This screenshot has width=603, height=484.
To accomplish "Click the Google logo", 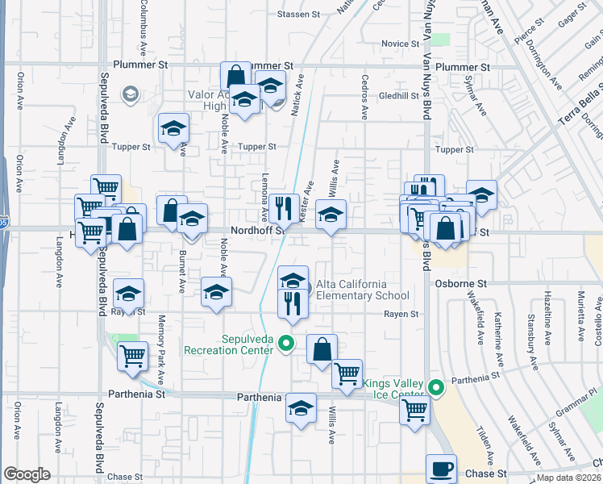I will [x=27, y=474].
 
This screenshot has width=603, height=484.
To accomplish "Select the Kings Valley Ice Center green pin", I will [x=436, y=389].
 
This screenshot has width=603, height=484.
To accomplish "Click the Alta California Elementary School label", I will [x=351, y=290].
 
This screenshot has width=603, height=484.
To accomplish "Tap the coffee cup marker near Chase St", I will [x=440, y=467].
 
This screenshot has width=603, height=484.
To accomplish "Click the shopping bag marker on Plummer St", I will [x=235, y=77].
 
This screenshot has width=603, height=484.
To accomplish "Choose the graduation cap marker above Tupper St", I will [x=173, y=128].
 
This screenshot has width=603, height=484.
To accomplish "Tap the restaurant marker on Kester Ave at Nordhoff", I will [x=283, y=207].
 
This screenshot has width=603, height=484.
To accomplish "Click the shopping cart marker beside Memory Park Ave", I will [x=133, y=355].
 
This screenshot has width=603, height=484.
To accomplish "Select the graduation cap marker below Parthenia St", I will [x=301, y=408].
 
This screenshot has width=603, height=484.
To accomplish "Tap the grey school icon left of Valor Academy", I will [x=129, y=95].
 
